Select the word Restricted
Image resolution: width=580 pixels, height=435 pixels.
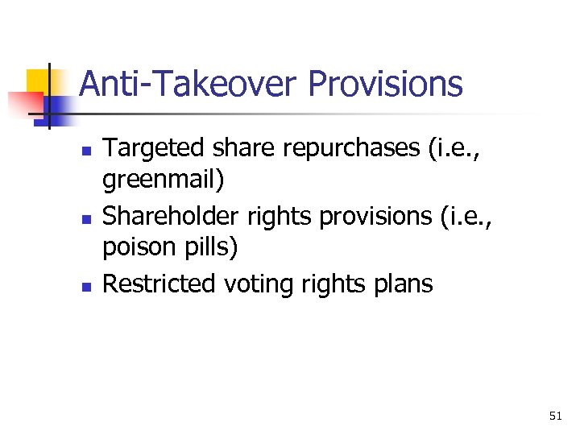point(160,284)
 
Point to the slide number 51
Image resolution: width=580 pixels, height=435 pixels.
point(555,416)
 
